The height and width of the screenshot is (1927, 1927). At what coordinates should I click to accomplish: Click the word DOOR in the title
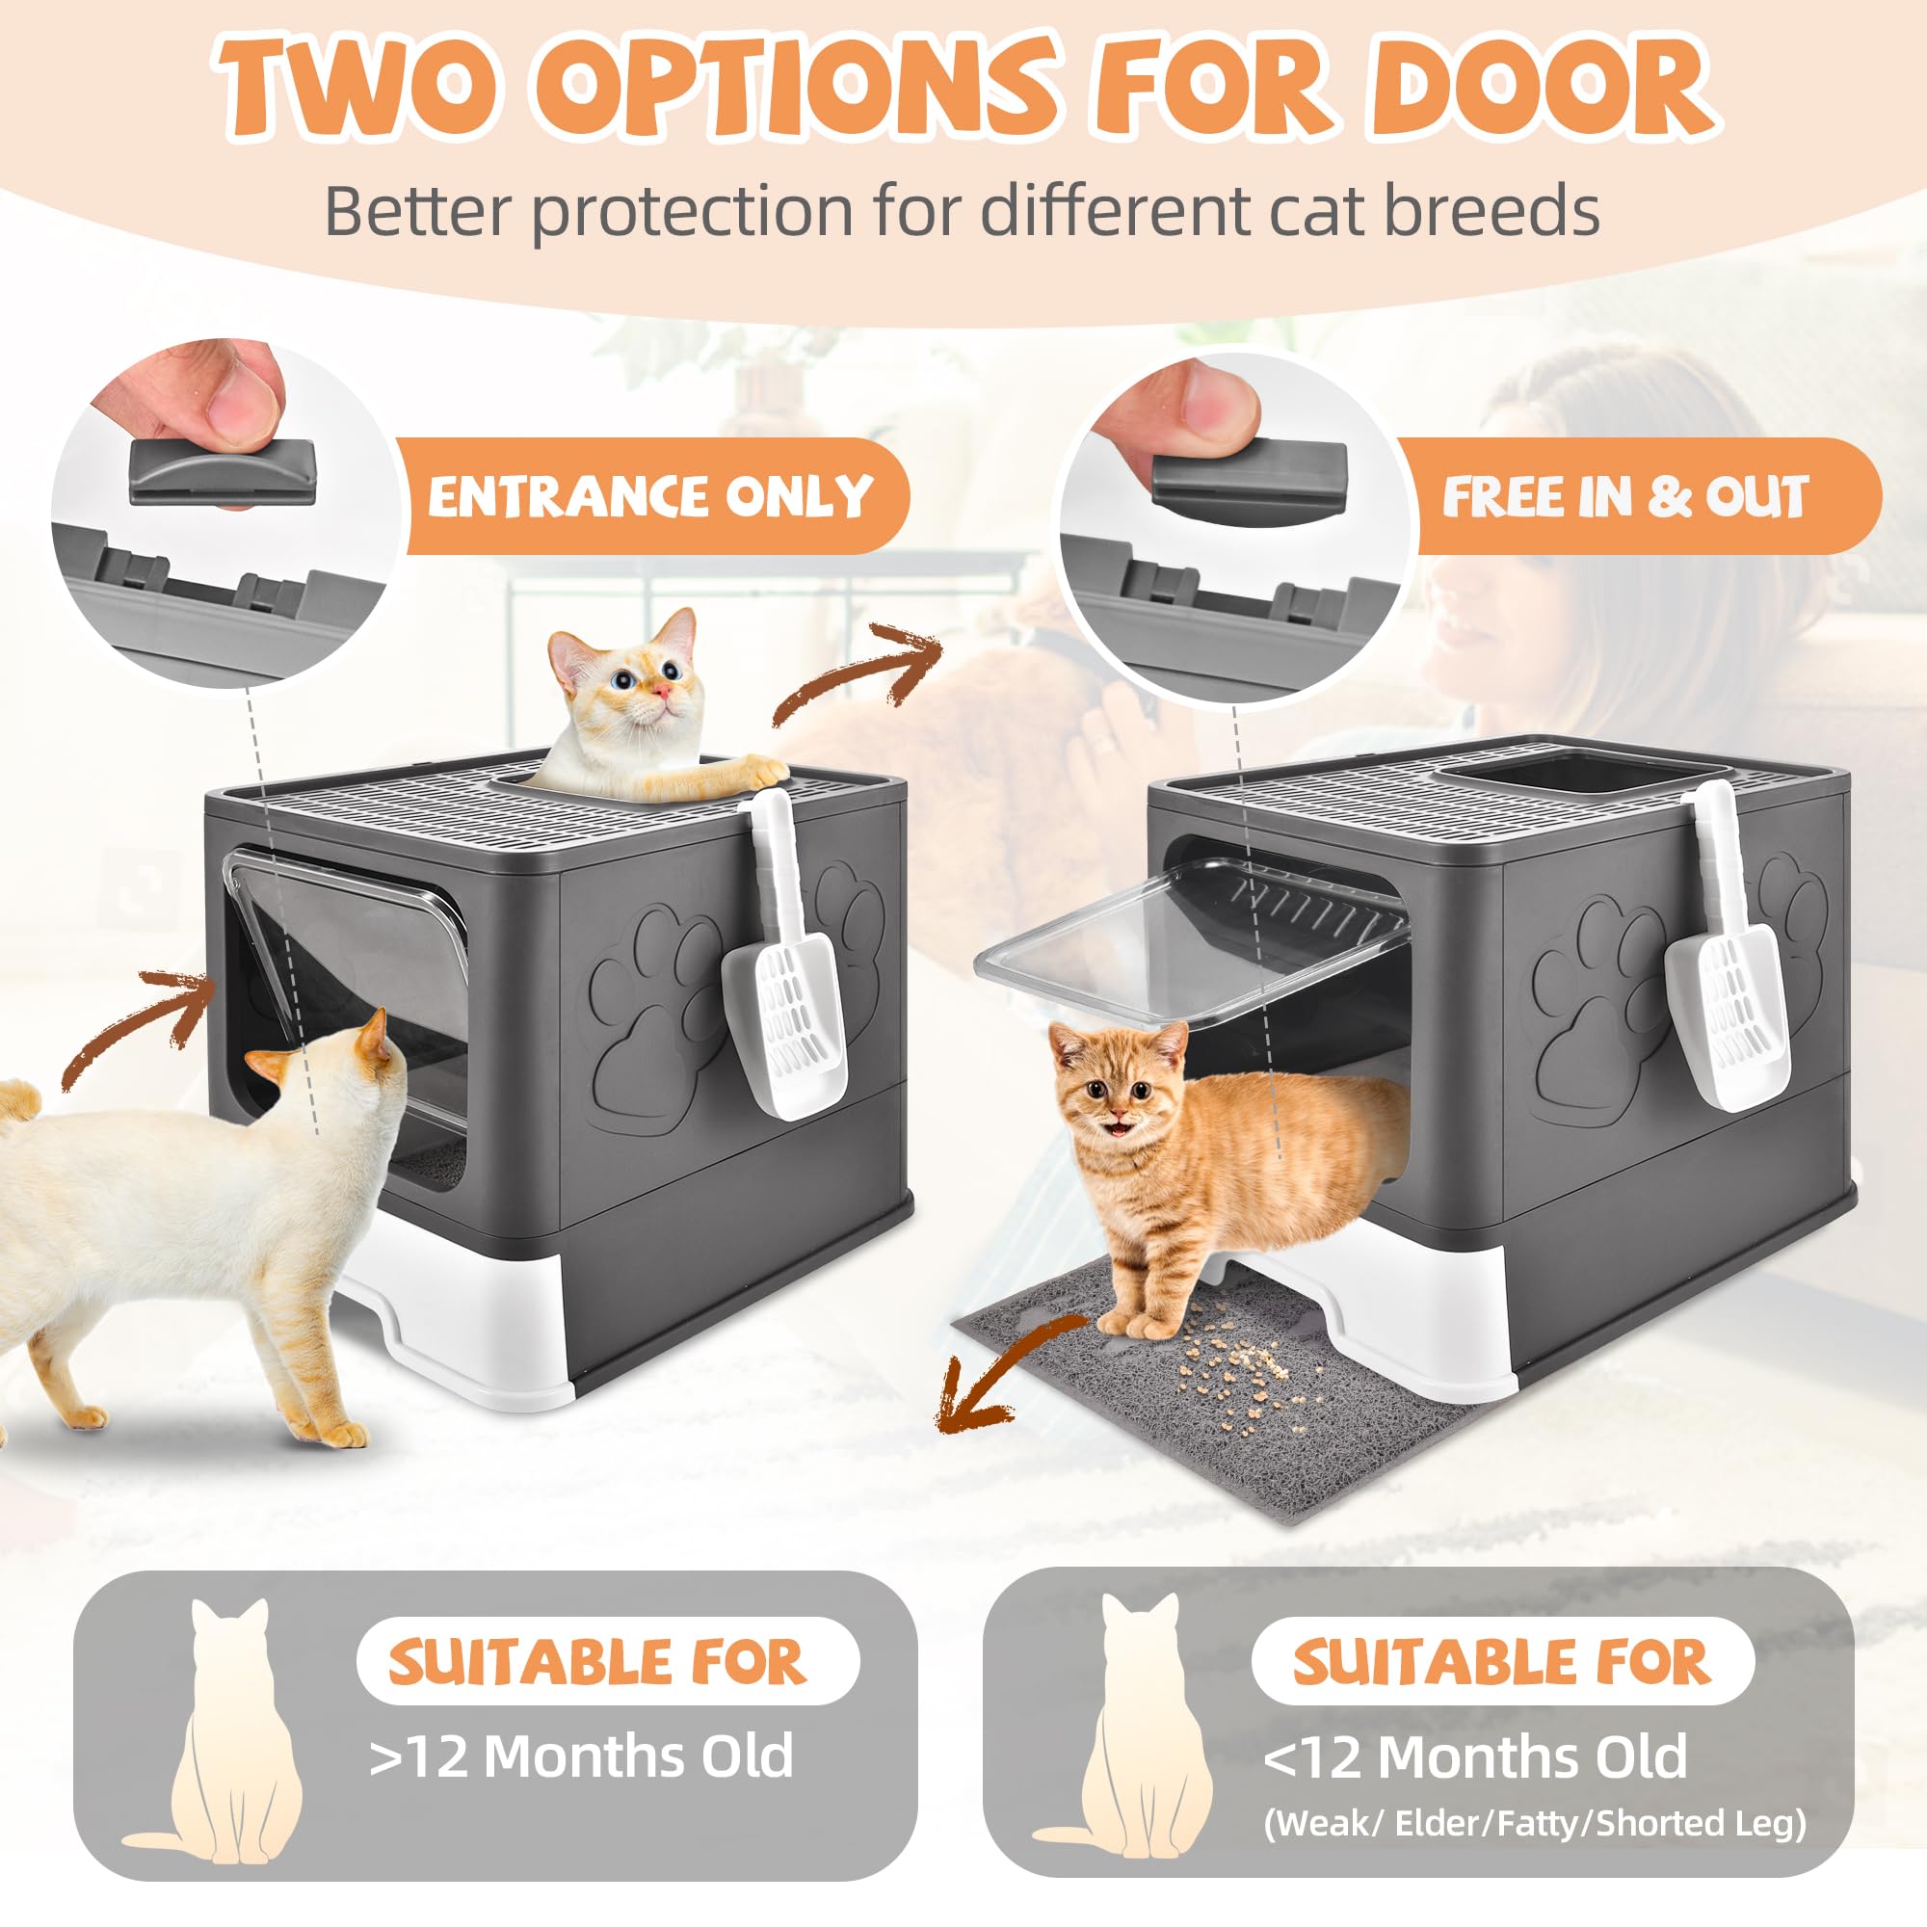(x=1541, y=90)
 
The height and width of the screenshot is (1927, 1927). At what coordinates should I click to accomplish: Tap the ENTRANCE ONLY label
(x=650, y=495)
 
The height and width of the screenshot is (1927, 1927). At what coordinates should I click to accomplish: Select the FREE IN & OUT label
(x=1624, y=495)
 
